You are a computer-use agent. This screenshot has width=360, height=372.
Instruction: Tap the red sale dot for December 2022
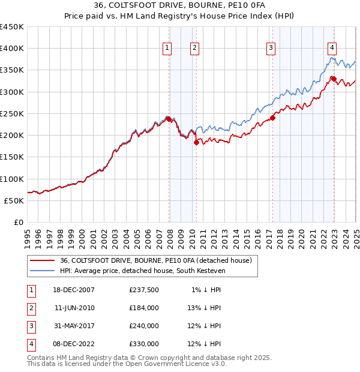[333, 79]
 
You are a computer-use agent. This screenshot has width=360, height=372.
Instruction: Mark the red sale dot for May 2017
[272, 118]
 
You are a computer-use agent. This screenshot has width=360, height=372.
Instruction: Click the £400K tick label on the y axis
[12, 49]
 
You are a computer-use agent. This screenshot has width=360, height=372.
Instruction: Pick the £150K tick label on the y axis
[12, 157]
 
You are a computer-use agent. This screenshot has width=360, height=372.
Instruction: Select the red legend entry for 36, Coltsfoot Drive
[159, 261]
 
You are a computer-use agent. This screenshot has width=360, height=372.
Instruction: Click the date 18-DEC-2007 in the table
[74, 290]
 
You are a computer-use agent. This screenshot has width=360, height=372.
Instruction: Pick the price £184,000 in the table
[144, 308]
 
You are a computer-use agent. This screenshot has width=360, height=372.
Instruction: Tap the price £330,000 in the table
[144, 344]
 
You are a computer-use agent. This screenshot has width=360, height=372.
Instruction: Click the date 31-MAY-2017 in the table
[74, 326]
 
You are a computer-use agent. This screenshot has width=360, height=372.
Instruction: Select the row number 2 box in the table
[30, 308]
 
